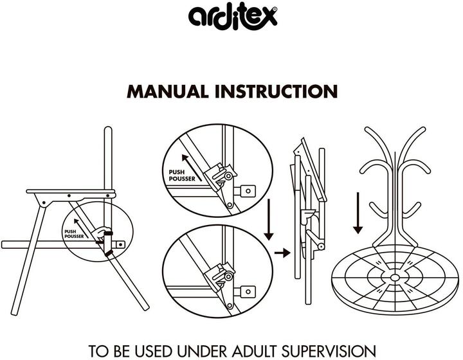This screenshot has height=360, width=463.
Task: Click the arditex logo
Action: (x=233, y=17)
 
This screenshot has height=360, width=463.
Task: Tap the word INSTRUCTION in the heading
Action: (x=276, y=91)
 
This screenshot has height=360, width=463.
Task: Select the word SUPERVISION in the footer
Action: (x=329, y=351)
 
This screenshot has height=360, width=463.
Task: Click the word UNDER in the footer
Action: (x=202, y=351)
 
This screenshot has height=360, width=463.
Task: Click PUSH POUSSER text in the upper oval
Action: (x=182, y=175)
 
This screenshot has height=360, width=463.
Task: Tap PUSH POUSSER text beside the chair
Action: (x=74, y=234)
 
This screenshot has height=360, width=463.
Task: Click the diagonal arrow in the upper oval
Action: (x=192, y=167)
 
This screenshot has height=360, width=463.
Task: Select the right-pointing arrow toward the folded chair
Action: (x=282, y=253)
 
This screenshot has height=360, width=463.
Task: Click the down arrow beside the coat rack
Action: (x=358, y=213)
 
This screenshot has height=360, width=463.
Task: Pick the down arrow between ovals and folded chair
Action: (x=269, y=220)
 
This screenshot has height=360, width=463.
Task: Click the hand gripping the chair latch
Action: (x=102, y=233)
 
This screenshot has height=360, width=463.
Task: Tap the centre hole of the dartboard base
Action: (x=394, y=277)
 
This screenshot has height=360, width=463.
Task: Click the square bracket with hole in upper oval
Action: (x=248, y=191)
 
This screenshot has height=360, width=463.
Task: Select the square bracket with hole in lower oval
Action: (x=248, y=292)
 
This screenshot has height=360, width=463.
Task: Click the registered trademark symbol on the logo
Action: (x=275, y=9)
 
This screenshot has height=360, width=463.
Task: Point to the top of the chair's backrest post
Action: (x=108, y=129)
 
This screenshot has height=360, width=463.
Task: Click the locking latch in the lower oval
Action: (x=221, y=276)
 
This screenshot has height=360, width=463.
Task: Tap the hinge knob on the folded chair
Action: (x=320, y=246)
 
